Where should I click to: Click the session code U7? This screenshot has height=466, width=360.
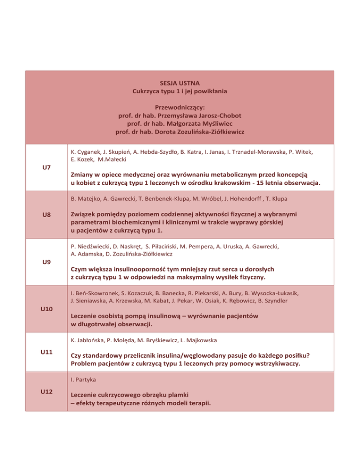coord(45,167)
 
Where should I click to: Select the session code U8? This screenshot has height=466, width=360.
coord(45,215)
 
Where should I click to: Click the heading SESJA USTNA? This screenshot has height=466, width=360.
coord(180,83)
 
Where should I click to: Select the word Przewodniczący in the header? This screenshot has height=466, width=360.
coord(179,106)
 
